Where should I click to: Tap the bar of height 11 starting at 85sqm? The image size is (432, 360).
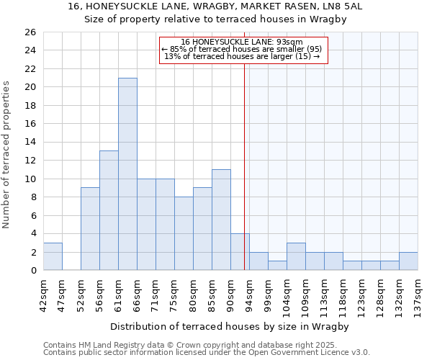point(221,220)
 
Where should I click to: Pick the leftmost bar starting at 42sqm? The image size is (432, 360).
point(53,256)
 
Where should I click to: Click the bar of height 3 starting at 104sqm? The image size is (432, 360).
point(296,256)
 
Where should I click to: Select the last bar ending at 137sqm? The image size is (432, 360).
point(408,261)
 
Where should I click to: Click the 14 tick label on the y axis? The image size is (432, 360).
point(30,142)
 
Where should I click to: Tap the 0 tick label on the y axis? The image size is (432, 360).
point(33,271)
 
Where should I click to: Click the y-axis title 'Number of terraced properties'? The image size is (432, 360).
point(6,155)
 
